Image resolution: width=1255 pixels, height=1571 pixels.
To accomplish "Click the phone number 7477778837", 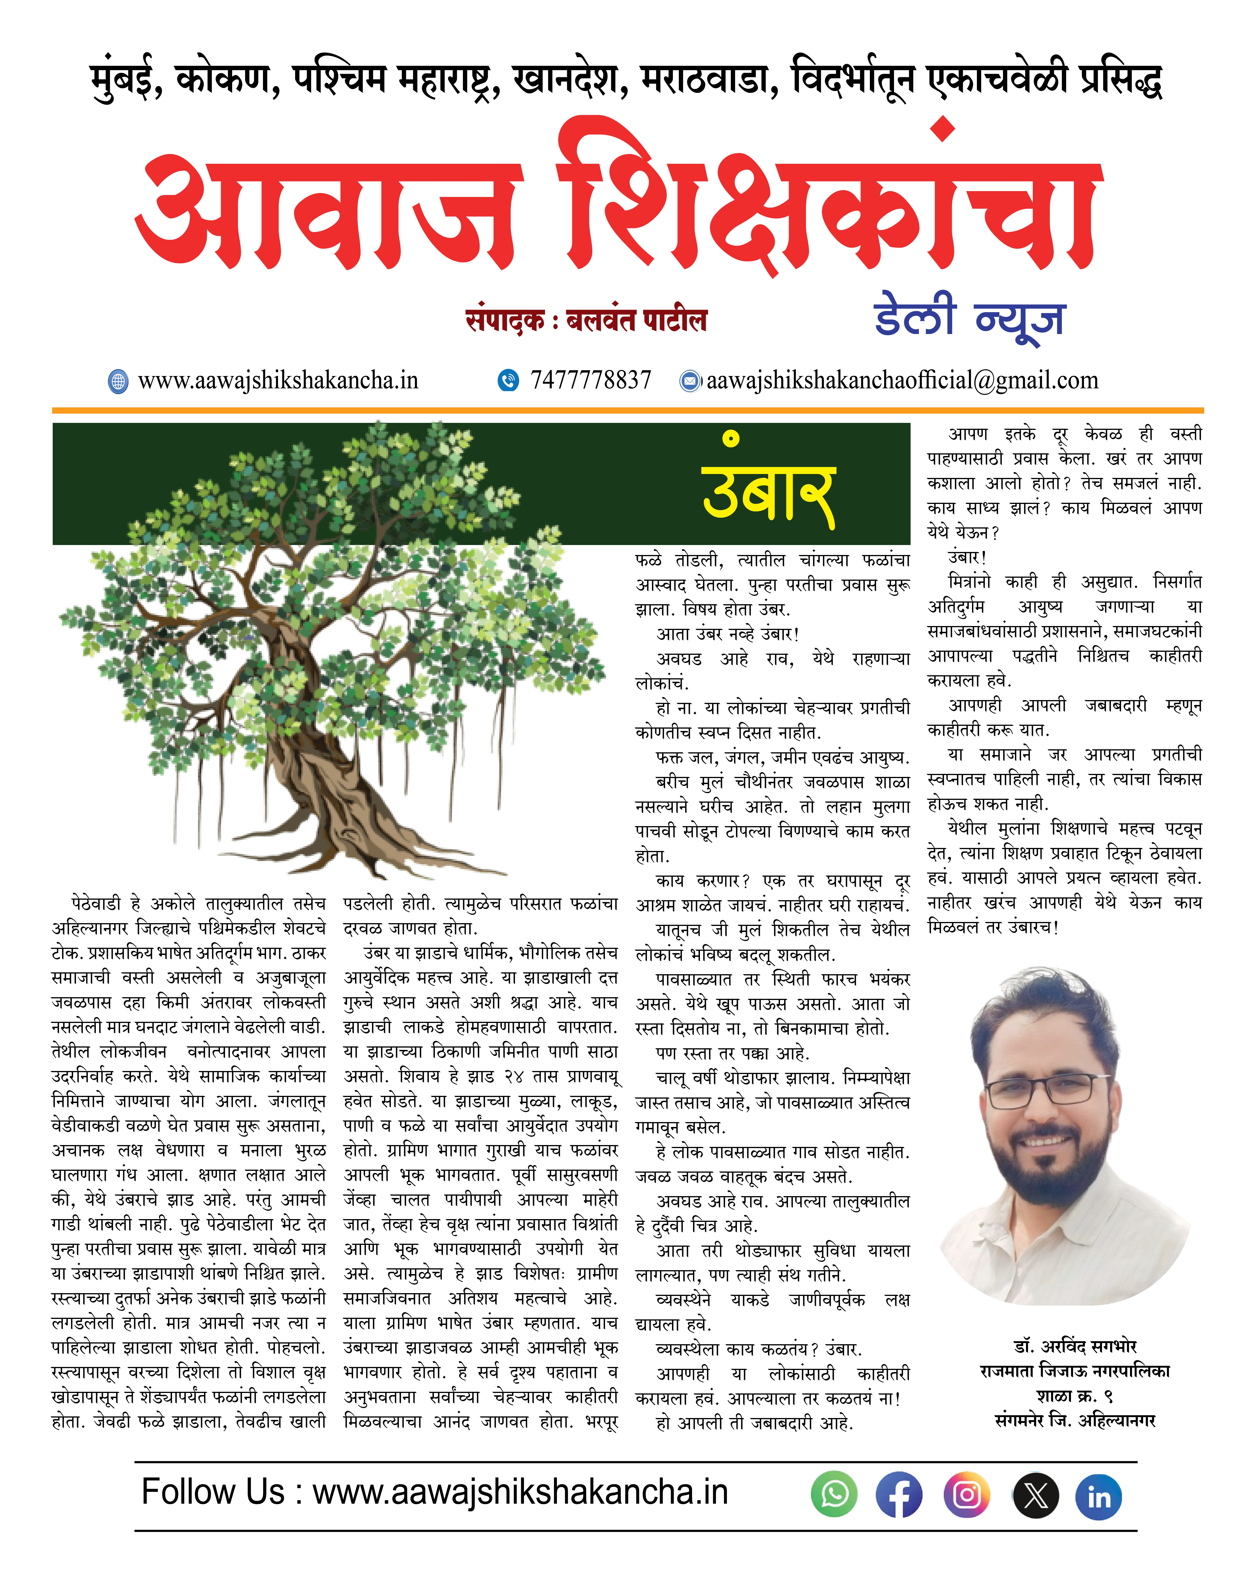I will coord(590,380).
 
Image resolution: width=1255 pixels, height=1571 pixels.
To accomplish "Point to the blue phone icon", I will coord(508,380).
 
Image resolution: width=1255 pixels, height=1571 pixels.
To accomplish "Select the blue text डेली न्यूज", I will coord(969,317).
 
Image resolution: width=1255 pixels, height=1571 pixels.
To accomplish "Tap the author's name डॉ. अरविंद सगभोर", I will coord(1074,1346).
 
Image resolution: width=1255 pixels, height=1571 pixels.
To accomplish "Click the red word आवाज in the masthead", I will coord(328,211).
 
